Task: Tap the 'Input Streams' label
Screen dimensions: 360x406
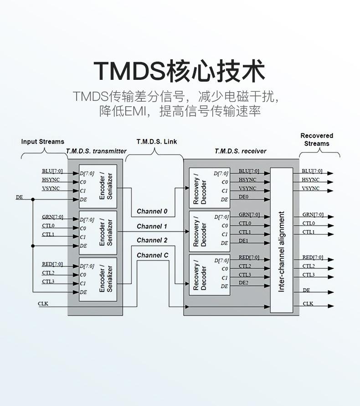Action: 43,141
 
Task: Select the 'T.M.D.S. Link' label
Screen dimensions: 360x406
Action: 157,141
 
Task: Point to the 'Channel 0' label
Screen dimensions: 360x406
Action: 152,211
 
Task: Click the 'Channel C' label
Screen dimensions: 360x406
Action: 153,255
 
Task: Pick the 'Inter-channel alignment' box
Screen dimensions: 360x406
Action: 282,240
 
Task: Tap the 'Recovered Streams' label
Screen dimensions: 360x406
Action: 317,140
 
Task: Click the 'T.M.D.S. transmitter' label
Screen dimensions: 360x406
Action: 96,151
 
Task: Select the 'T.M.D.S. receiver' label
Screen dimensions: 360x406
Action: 241,151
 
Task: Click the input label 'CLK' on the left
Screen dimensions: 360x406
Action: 43,304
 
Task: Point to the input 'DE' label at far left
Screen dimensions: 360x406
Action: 20,198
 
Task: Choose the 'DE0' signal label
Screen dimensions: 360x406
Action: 243,197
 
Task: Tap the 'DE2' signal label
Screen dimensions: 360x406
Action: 243,283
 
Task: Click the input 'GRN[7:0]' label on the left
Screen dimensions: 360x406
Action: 52,217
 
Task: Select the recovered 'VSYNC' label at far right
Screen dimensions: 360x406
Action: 311,188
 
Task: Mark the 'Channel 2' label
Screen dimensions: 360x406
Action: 152,240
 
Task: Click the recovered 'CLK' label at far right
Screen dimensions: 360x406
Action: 308,304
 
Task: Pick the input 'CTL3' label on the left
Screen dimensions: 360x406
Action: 48,281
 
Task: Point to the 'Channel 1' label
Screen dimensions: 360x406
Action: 152,226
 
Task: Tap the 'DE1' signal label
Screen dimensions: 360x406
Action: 243,240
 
